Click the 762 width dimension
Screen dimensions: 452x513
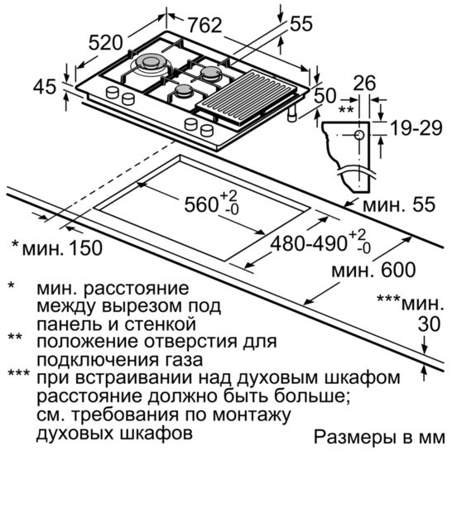(x=205, y=25)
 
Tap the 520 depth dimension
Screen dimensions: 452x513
(x=106, y=42)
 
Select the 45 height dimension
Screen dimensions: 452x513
(x=45, y=87)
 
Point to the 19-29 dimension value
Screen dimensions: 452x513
(x=416, y=128)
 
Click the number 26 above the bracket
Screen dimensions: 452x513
(x=364, y=83)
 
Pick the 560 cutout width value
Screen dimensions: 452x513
(x=201, y=204)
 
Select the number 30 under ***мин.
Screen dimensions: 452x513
(x=429, y=324)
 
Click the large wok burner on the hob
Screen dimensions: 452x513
(x=150, y=63)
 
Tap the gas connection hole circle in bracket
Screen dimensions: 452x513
(x=359, y=135)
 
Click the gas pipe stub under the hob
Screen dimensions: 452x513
(x=292, y=113)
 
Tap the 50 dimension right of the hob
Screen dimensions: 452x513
(x=325, y=96)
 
